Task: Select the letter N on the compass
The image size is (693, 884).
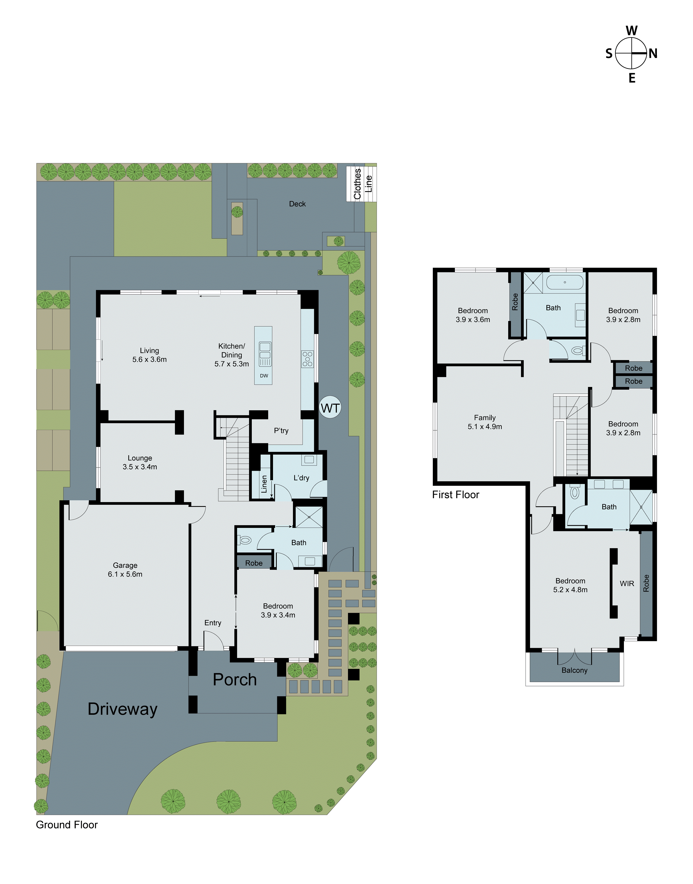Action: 653,54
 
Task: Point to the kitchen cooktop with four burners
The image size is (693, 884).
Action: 307,359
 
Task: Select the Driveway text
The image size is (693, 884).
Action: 122,709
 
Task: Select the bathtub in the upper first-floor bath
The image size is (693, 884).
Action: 564,282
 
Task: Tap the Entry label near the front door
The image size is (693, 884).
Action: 213,623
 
